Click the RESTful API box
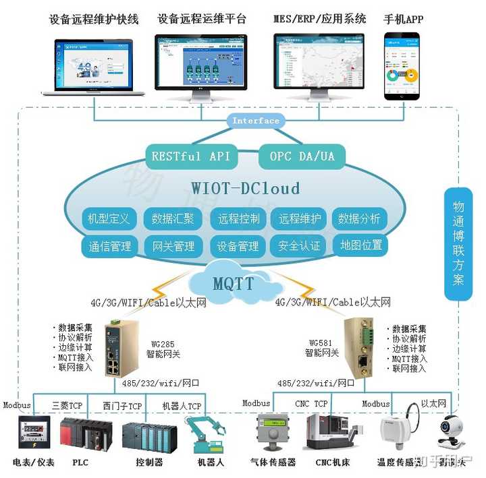tap(190, 156)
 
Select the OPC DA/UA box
tap(302, 156)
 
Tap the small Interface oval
tap(255, 121)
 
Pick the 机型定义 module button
tap(109, 218)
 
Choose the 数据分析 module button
tap(359, 218)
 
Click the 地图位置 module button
tap(360, 245)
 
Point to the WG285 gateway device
tap(119, 348)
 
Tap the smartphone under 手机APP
tap(403, 65)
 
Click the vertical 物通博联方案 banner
tap(458, 243)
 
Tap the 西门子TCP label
tap(122, 406)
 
